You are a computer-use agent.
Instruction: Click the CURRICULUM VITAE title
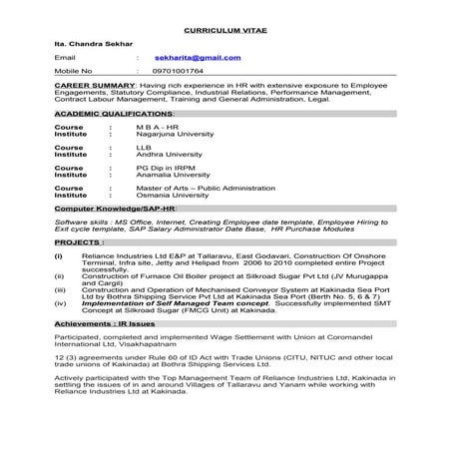pyautogui.click(x=225, y=31)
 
